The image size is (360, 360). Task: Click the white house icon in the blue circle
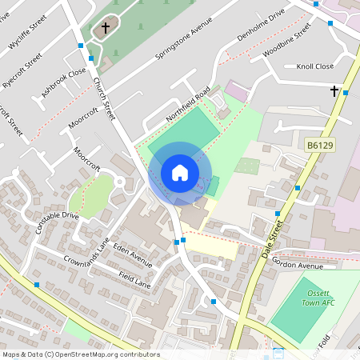pos(179,172)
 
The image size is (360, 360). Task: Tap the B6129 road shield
pos(318,146)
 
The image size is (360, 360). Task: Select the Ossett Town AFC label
pos(317,298)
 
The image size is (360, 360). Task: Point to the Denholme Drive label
pos(262,26)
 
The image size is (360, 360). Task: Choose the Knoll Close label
pos(314,66)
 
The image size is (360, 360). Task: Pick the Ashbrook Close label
pos(64,83)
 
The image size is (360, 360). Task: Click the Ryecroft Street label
pos(22,70)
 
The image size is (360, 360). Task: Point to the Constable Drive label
pos(57,222)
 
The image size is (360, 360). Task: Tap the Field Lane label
pos(134,278)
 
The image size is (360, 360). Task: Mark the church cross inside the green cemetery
pos(105,28)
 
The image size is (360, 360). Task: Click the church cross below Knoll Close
pos(334,91)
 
